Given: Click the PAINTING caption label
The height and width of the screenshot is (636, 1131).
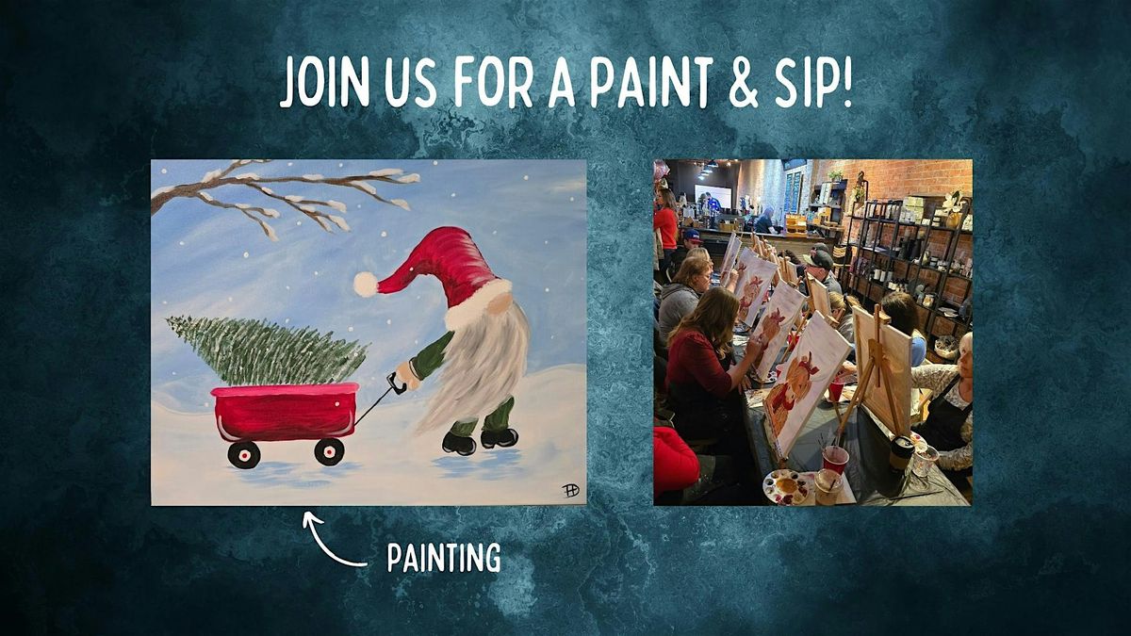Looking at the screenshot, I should (444, 558).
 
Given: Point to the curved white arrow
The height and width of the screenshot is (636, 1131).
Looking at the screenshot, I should (330, 541).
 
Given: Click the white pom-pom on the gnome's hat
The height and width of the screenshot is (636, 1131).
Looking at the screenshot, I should (365, 284).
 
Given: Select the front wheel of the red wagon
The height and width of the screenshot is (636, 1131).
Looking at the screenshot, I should (328, 451).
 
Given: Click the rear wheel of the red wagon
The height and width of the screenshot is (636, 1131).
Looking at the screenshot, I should (244, 454).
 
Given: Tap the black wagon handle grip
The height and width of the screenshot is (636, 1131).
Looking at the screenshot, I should (395, 383).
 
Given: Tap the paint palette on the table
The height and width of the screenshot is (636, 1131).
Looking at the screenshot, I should (786, 485).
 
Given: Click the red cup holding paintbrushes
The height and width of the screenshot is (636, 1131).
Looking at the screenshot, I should (834, 459).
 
